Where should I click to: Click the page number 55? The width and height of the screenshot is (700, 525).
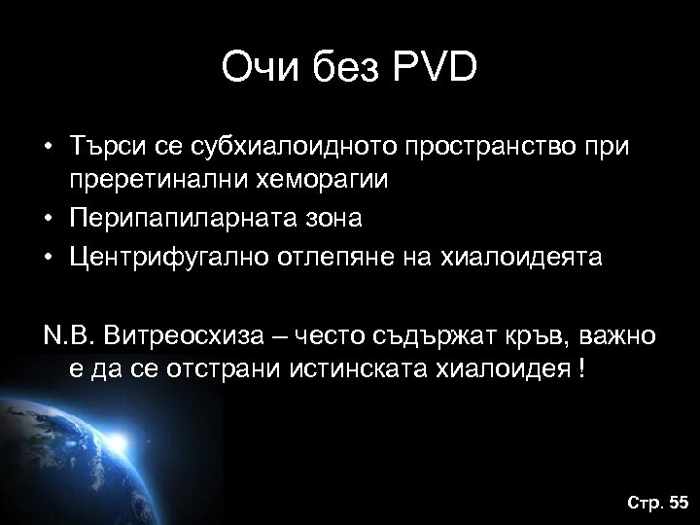pyautogui.click(x=677, y=502)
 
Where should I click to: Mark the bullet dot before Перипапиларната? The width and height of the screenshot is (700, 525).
pyautogui.click(x=46, y=219)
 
